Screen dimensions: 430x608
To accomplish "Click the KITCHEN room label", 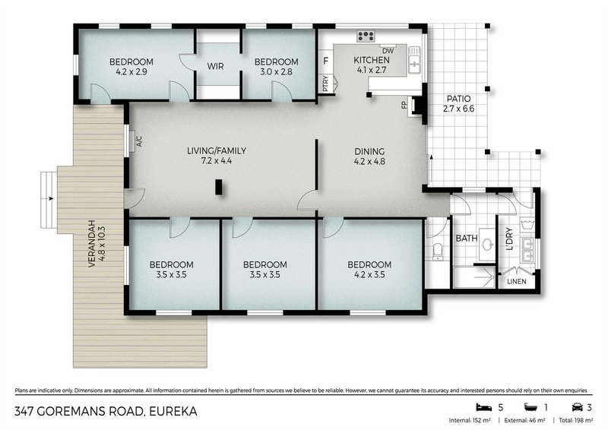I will tap(372, 60).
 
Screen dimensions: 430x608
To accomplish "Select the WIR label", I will tap(215, 66).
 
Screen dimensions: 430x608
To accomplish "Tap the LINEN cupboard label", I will tap(516, 281).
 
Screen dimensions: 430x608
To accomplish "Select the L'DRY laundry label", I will tap(505, 242).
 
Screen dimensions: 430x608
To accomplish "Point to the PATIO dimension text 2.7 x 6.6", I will tap(458, 109).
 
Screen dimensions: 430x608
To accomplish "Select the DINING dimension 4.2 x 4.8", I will tap(369, 161).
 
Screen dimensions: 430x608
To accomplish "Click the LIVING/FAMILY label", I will tap(217, 150).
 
